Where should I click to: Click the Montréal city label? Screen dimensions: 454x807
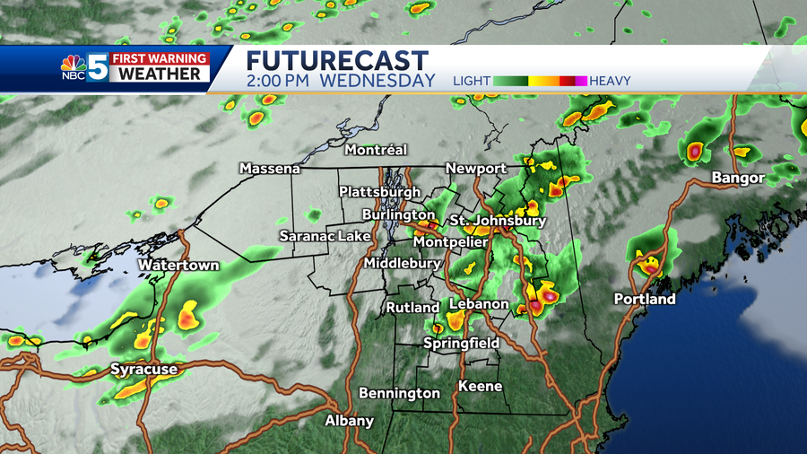pos(376,149)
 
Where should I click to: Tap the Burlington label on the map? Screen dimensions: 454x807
pos(398,215)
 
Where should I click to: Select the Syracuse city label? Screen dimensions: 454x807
pos(143,369)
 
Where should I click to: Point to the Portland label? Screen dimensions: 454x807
pos(644,299)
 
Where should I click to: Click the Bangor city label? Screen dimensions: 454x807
pos(738,178)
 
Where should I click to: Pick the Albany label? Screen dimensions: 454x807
pos(349,421)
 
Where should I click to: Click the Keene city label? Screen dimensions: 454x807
pos(480,386)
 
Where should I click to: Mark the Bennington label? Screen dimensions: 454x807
pos(399,393)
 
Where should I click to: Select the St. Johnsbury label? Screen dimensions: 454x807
pos(498,220)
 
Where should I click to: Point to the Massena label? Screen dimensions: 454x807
pos(269,169)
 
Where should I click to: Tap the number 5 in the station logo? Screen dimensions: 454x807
pos(98,68)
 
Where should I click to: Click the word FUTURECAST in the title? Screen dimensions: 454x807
pos(337,61)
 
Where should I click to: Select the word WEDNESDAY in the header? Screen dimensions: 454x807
pos(377,81)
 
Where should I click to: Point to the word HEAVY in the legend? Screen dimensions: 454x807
pos(611,81)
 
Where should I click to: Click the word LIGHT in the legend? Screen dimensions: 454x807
pos(472,81)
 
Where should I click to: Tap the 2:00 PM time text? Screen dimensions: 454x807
pos(279,81)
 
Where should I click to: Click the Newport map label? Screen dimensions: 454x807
pos(476,168)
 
